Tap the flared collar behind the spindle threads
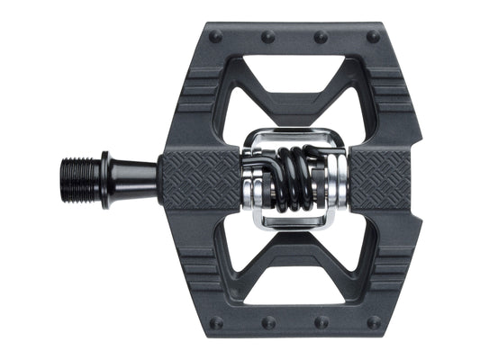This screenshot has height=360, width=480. click(x=106, y=170)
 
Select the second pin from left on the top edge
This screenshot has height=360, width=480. click(x=267, y=37)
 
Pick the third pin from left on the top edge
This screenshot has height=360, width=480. click(x=321, y=37)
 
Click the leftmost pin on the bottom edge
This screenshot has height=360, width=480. click(x=216, y=319)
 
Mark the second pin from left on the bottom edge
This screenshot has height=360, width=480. click(x=267, y=320)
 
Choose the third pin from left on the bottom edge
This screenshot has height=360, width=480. click(x=321, y=320)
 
